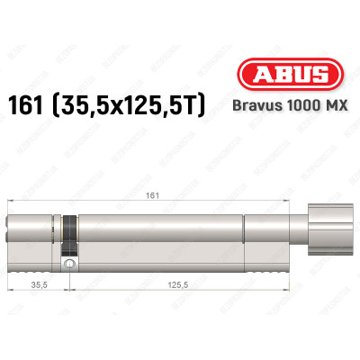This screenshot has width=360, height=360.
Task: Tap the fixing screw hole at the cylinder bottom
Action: (x=68, y=264)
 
